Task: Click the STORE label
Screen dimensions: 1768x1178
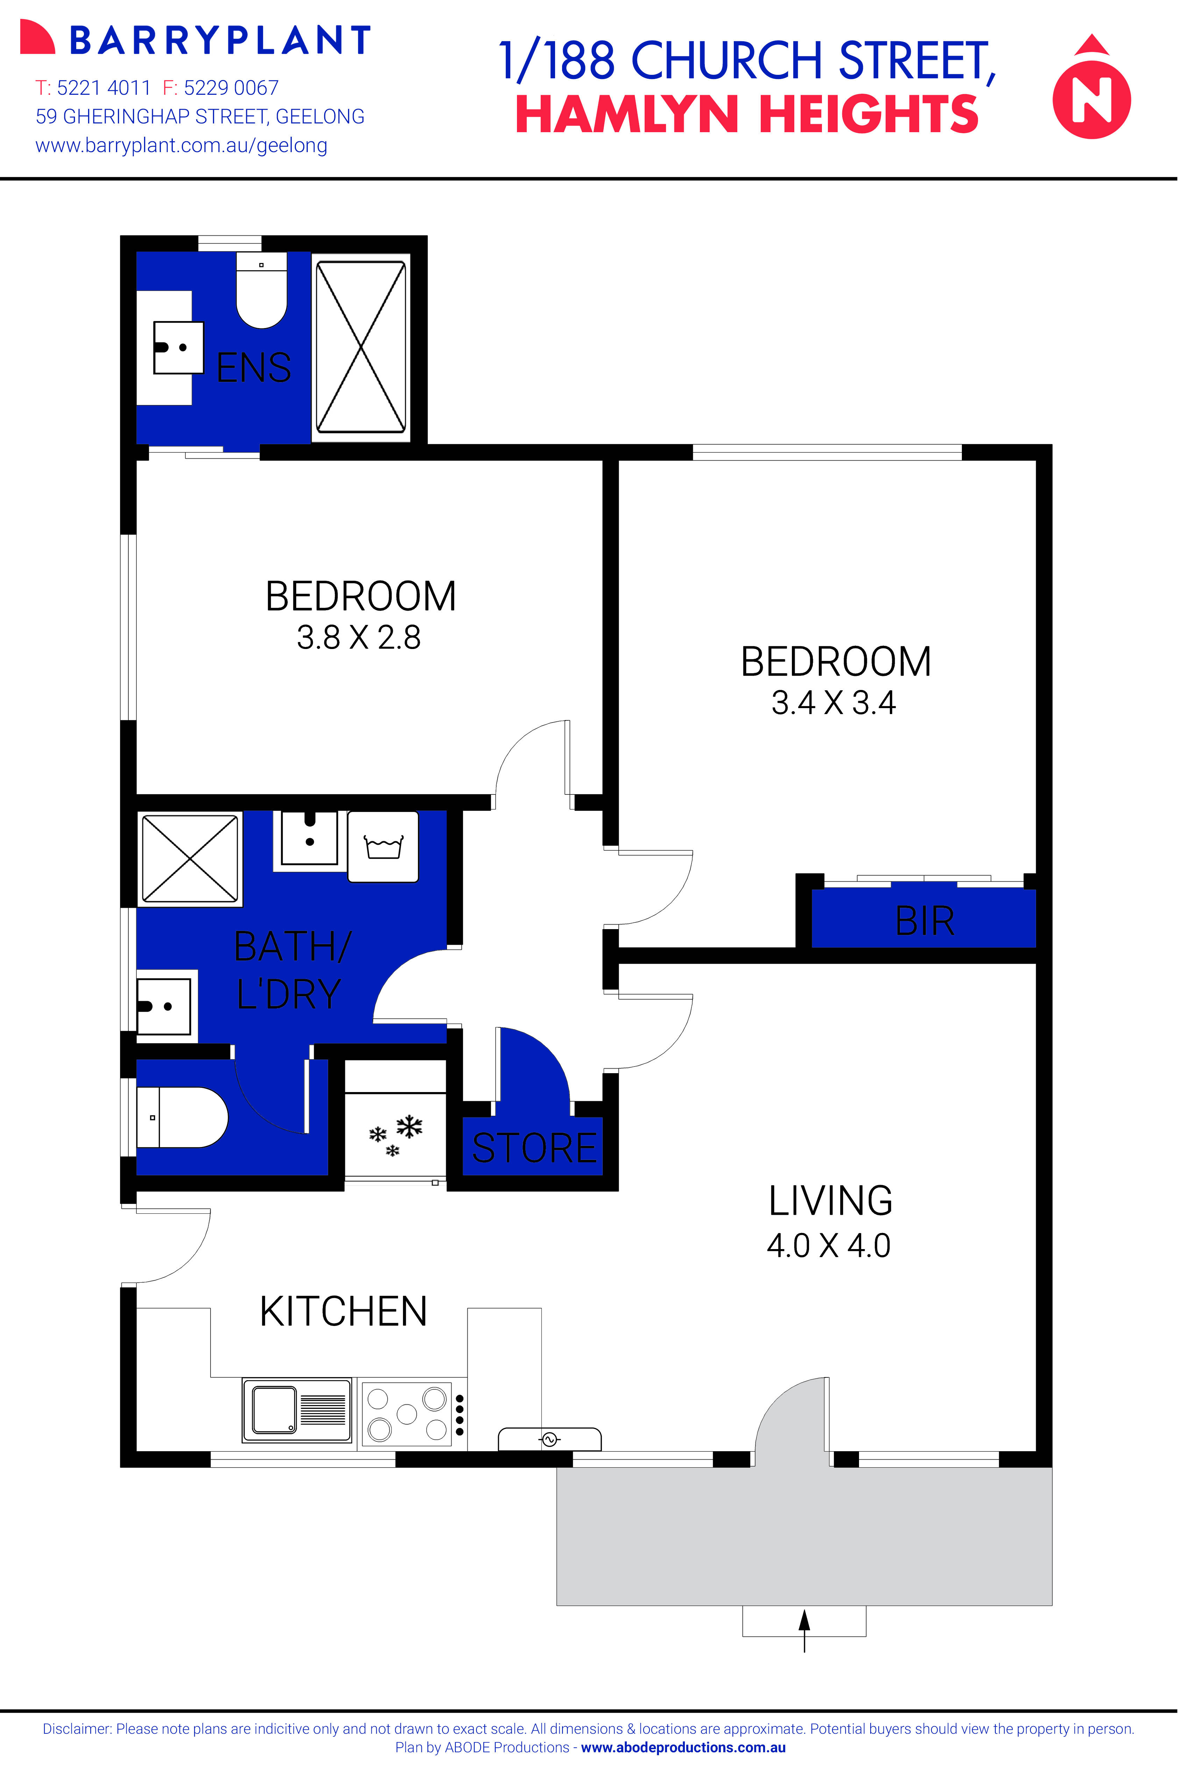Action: click(533, 1148)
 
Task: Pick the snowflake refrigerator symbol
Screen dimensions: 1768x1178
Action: click(396, 1134)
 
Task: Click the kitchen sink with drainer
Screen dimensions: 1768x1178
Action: click(297, 1410)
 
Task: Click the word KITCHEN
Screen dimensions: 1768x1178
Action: click(343, 1311)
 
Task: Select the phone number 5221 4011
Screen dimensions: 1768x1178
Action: click(104, 88)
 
